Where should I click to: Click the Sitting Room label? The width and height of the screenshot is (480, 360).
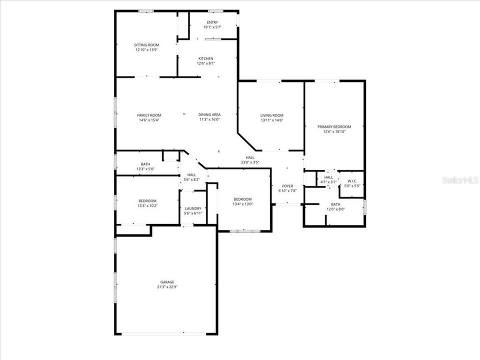(146, 45)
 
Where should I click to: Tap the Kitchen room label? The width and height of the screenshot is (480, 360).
(205, 58)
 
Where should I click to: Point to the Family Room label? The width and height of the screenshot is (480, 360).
(149, 115)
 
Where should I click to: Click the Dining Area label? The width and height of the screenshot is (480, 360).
(209, 115)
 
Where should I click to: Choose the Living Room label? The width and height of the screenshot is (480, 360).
(271, 115)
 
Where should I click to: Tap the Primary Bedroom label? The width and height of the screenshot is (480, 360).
(334, 127)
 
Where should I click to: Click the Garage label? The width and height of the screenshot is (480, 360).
(167, 282)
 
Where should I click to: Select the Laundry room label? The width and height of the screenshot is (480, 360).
(193, 208)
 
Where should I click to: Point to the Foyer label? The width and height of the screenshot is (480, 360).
(287, 186)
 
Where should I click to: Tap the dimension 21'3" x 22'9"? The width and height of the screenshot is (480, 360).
(167, 287)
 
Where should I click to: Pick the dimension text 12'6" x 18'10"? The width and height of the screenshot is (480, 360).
(334, 132)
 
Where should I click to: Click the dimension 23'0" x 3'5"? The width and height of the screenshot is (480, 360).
(250, 162)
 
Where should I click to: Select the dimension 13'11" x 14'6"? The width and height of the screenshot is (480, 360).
(271, 120)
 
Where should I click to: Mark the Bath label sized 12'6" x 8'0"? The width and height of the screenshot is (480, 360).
(335, 204)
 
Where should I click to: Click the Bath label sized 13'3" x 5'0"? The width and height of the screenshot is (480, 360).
(145, 164)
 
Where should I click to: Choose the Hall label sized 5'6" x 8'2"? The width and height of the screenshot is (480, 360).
(191, 174)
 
